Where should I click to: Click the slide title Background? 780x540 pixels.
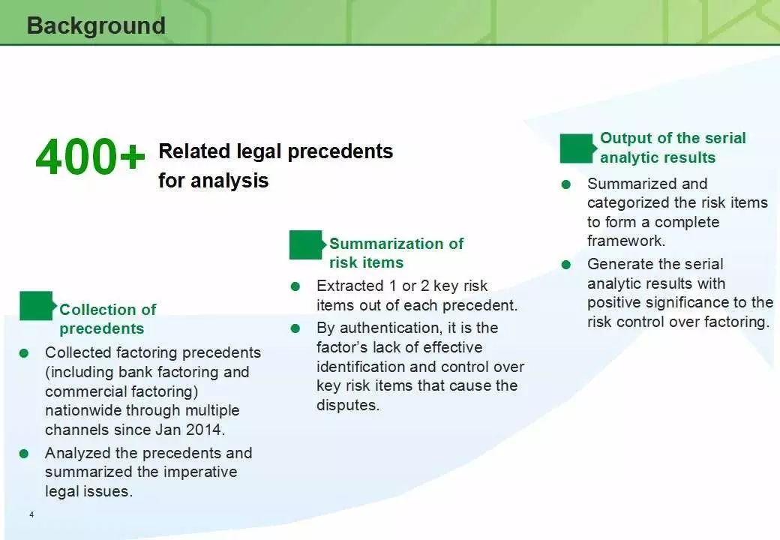point(96,25)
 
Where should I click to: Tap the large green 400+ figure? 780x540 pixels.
point(90,157)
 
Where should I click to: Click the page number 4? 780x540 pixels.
point(31,514)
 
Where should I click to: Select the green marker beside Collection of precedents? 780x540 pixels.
point(36,306)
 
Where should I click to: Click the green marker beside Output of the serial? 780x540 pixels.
point(577,148)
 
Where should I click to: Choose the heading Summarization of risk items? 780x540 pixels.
point(397,253)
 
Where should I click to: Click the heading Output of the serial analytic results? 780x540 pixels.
point(673,148)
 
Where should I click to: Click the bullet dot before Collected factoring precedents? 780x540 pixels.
point(24,353)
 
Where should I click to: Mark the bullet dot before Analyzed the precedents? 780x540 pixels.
point(24,454)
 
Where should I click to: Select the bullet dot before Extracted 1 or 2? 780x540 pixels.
point(295,286)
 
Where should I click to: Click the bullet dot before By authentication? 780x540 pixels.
point(295,328)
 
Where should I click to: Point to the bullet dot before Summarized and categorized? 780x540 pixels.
point(566,184)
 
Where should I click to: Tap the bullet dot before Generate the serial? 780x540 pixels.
point(566,265)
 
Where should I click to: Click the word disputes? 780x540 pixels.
point(348,405)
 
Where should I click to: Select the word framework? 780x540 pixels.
point(625,241)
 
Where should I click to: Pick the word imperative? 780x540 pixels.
point(198,472)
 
